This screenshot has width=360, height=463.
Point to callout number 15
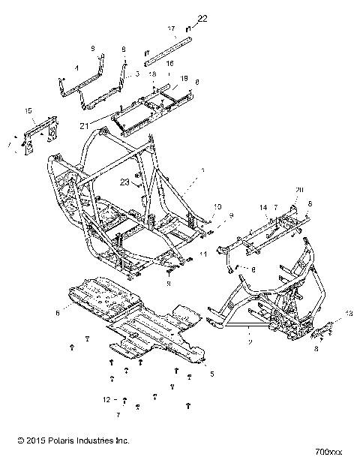(28, 111)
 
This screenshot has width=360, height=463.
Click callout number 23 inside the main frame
(124, 182)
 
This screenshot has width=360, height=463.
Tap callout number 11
(203, 255)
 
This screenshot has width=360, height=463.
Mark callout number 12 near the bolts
(107, 399)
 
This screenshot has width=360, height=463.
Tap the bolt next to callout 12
(125, 399)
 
